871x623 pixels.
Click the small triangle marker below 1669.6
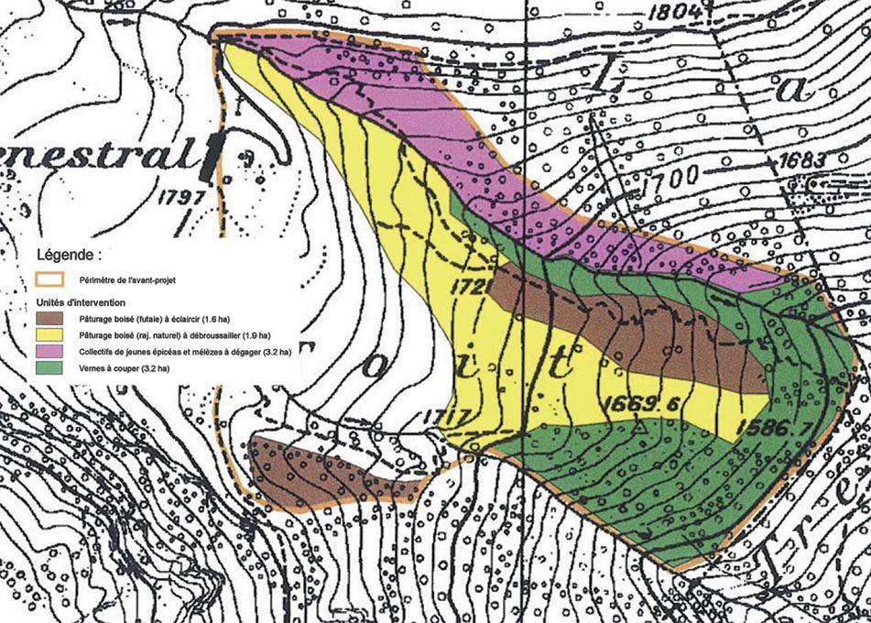pos(642,427)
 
